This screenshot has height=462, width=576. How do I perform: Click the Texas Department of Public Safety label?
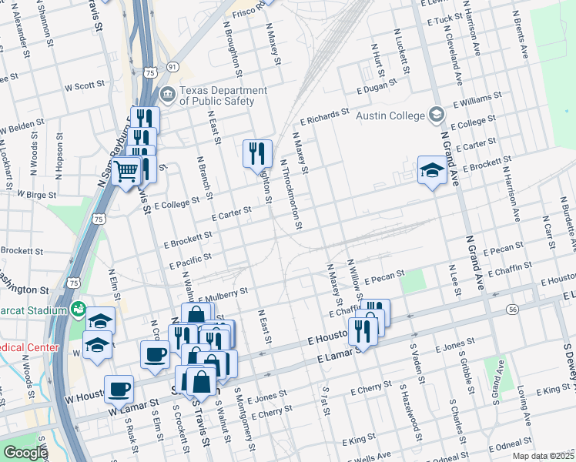[223, 95]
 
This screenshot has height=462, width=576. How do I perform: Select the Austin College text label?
[390, 115]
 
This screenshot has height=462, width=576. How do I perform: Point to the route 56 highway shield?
[512, 309]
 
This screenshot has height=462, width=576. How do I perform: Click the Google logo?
[25, 453]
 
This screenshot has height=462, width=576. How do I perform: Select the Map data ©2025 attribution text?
[543, 456]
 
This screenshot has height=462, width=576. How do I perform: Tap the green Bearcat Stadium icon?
[78, 310]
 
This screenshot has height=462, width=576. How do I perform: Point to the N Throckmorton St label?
[290, 194]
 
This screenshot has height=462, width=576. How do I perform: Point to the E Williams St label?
[477, 99]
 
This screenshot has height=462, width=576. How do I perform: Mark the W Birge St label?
[36, 196]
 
